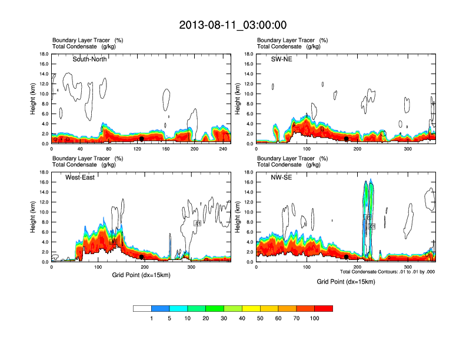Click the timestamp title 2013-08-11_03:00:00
(x=233, y=25)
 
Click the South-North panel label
(x=89, y=59)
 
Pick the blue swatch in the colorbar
(x=161, y=308)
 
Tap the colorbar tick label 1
(x=152, y=318)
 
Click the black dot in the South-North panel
(x=141, y=139)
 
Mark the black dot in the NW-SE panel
(x=347, y=257)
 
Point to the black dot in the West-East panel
(x=141, y=257)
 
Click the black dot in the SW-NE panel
(x=347, y=139)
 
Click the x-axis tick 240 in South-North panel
(x=222, y=149)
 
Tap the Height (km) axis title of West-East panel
(x=34, y=217)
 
